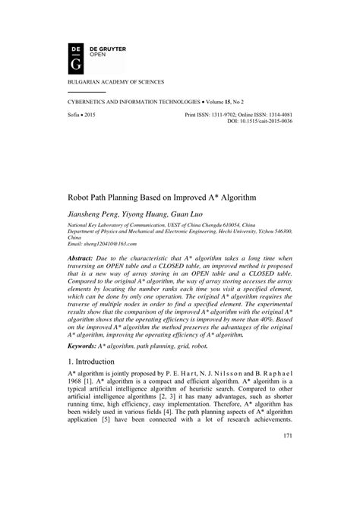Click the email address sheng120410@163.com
(109, 244)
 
